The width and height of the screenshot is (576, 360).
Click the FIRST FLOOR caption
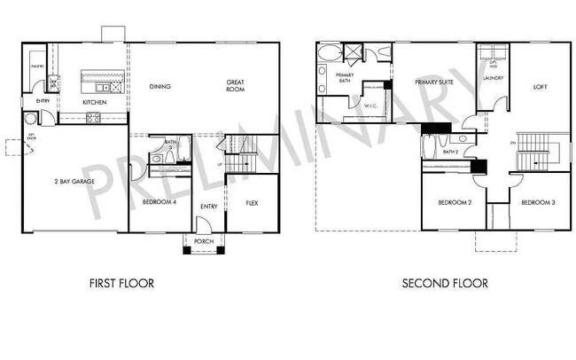coord(122,285)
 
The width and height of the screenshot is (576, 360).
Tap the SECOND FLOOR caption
coord(444,285)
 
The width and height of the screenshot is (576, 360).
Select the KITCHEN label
coord(95,103)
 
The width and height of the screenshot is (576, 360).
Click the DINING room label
coord(160,86)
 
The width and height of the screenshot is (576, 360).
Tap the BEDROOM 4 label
coord(159,203)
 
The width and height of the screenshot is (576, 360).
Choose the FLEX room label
coord(251,203)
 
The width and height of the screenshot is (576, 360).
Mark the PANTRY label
coord(37,67)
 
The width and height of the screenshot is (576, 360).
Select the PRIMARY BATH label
coord(345,78)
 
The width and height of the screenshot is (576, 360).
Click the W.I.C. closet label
coord(372,106)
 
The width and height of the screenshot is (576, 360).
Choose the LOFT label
coord(540,86)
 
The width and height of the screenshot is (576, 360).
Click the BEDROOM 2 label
coord(454,203)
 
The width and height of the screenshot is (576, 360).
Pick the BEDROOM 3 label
coord(537,203)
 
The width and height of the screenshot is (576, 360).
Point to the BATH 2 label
coord(450,152)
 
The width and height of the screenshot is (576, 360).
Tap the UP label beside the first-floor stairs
coord(220,164)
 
